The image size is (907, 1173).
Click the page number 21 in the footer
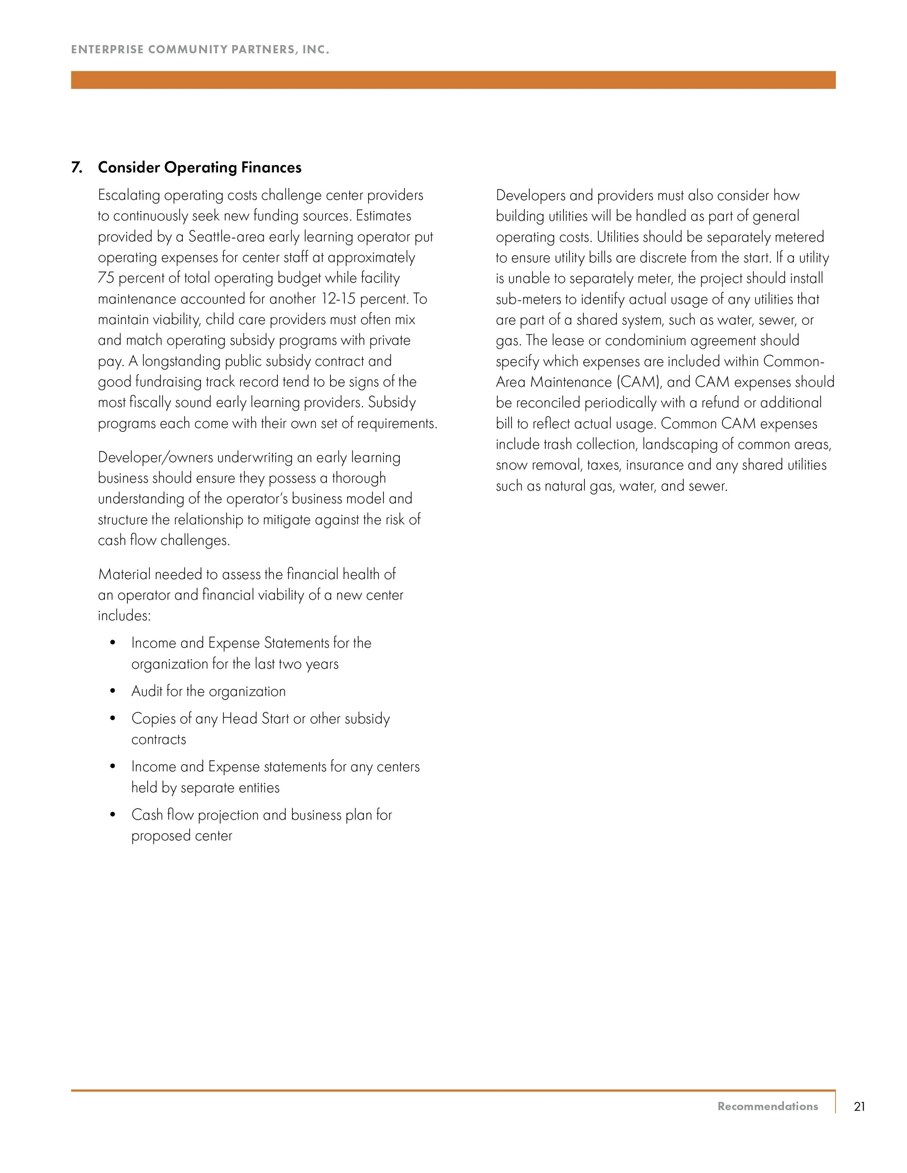pyautogui.click(x=859, y=1106)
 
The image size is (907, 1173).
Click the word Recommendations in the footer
pyautogui.click(x=767, y=1106)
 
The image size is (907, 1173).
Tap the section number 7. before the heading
pyautogui.click(x=77, y=168)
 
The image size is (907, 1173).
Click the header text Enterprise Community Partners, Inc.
pyautogui.click(x=200, y=49)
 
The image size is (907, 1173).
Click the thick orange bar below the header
pyautogui.click(x=453, y=80)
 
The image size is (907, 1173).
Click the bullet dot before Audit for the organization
pyautogui.click(x=112, y=691)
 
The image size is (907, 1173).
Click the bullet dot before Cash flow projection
pyautogui.click(x=112, y=815)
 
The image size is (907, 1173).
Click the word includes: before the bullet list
pyautogui.click(x=124, y=615)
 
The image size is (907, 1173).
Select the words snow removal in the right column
pyautogui.click(x=538, y=465)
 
